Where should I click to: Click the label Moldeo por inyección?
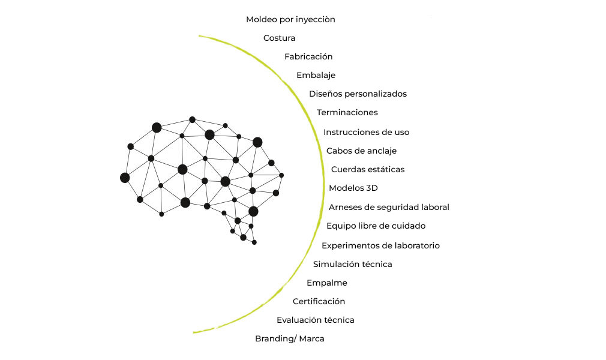(290, 20)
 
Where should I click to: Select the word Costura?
(279, 38)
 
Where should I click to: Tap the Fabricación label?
(308, 57)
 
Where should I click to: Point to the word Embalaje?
(316, 76)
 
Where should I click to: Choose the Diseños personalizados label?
(358, 94)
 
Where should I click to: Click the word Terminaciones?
(347, 113)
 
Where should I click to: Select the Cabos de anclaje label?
(361, 151)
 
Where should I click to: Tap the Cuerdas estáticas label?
(368, 170)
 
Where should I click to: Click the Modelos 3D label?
(353, 188)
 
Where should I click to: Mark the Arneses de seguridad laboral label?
(389, 208)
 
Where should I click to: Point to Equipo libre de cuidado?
(376, 226)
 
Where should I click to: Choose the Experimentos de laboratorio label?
(380, 246)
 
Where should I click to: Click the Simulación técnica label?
(352, 265)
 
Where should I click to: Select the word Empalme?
(326, 283)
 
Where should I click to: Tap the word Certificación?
(319, 302)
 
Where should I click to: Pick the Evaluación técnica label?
(315, 320)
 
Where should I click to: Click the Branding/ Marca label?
(289, 339)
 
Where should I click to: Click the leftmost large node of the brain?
(125, 178)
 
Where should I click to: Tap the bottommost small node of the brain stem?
(254, 242)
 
